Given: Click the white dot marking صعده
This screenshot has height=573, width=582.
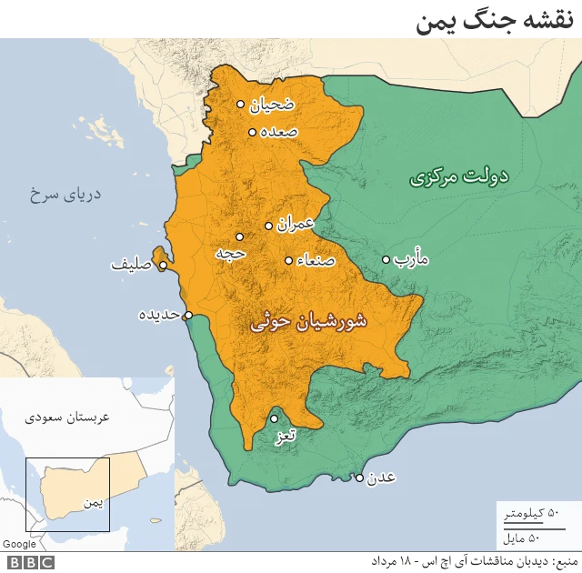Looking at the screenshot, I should tap(252, 132).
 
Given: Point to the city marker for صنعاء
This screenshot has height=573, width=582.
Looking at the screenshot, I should tap(288, 260).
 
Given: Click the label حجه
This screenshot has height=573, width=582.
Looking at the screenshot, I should tap(232, 253).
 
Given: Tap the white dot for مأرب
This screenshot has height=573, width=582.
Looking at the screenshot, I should tap(386, 259).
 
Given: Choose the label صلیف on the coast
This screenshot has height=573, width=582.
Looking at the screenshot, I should tap(130, 266).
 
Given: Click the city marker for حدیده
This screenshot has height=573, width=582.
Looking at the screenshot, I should tap(188, 316).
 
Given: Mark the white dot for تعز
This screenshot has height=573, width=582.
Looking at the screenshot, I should tap(274, 419).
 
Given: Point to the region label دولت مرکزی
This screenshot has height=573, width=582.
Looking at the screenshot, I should tap(458, 176).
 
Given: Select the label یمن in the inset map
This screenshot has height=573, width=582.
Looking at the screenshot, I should tap(92, 501).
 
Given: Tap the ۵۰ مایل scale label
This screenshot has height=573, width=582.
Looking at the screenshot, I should tap(542, 536).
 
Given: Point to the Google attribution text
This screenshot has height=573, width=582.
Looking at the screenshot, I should tap(19, 544).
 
